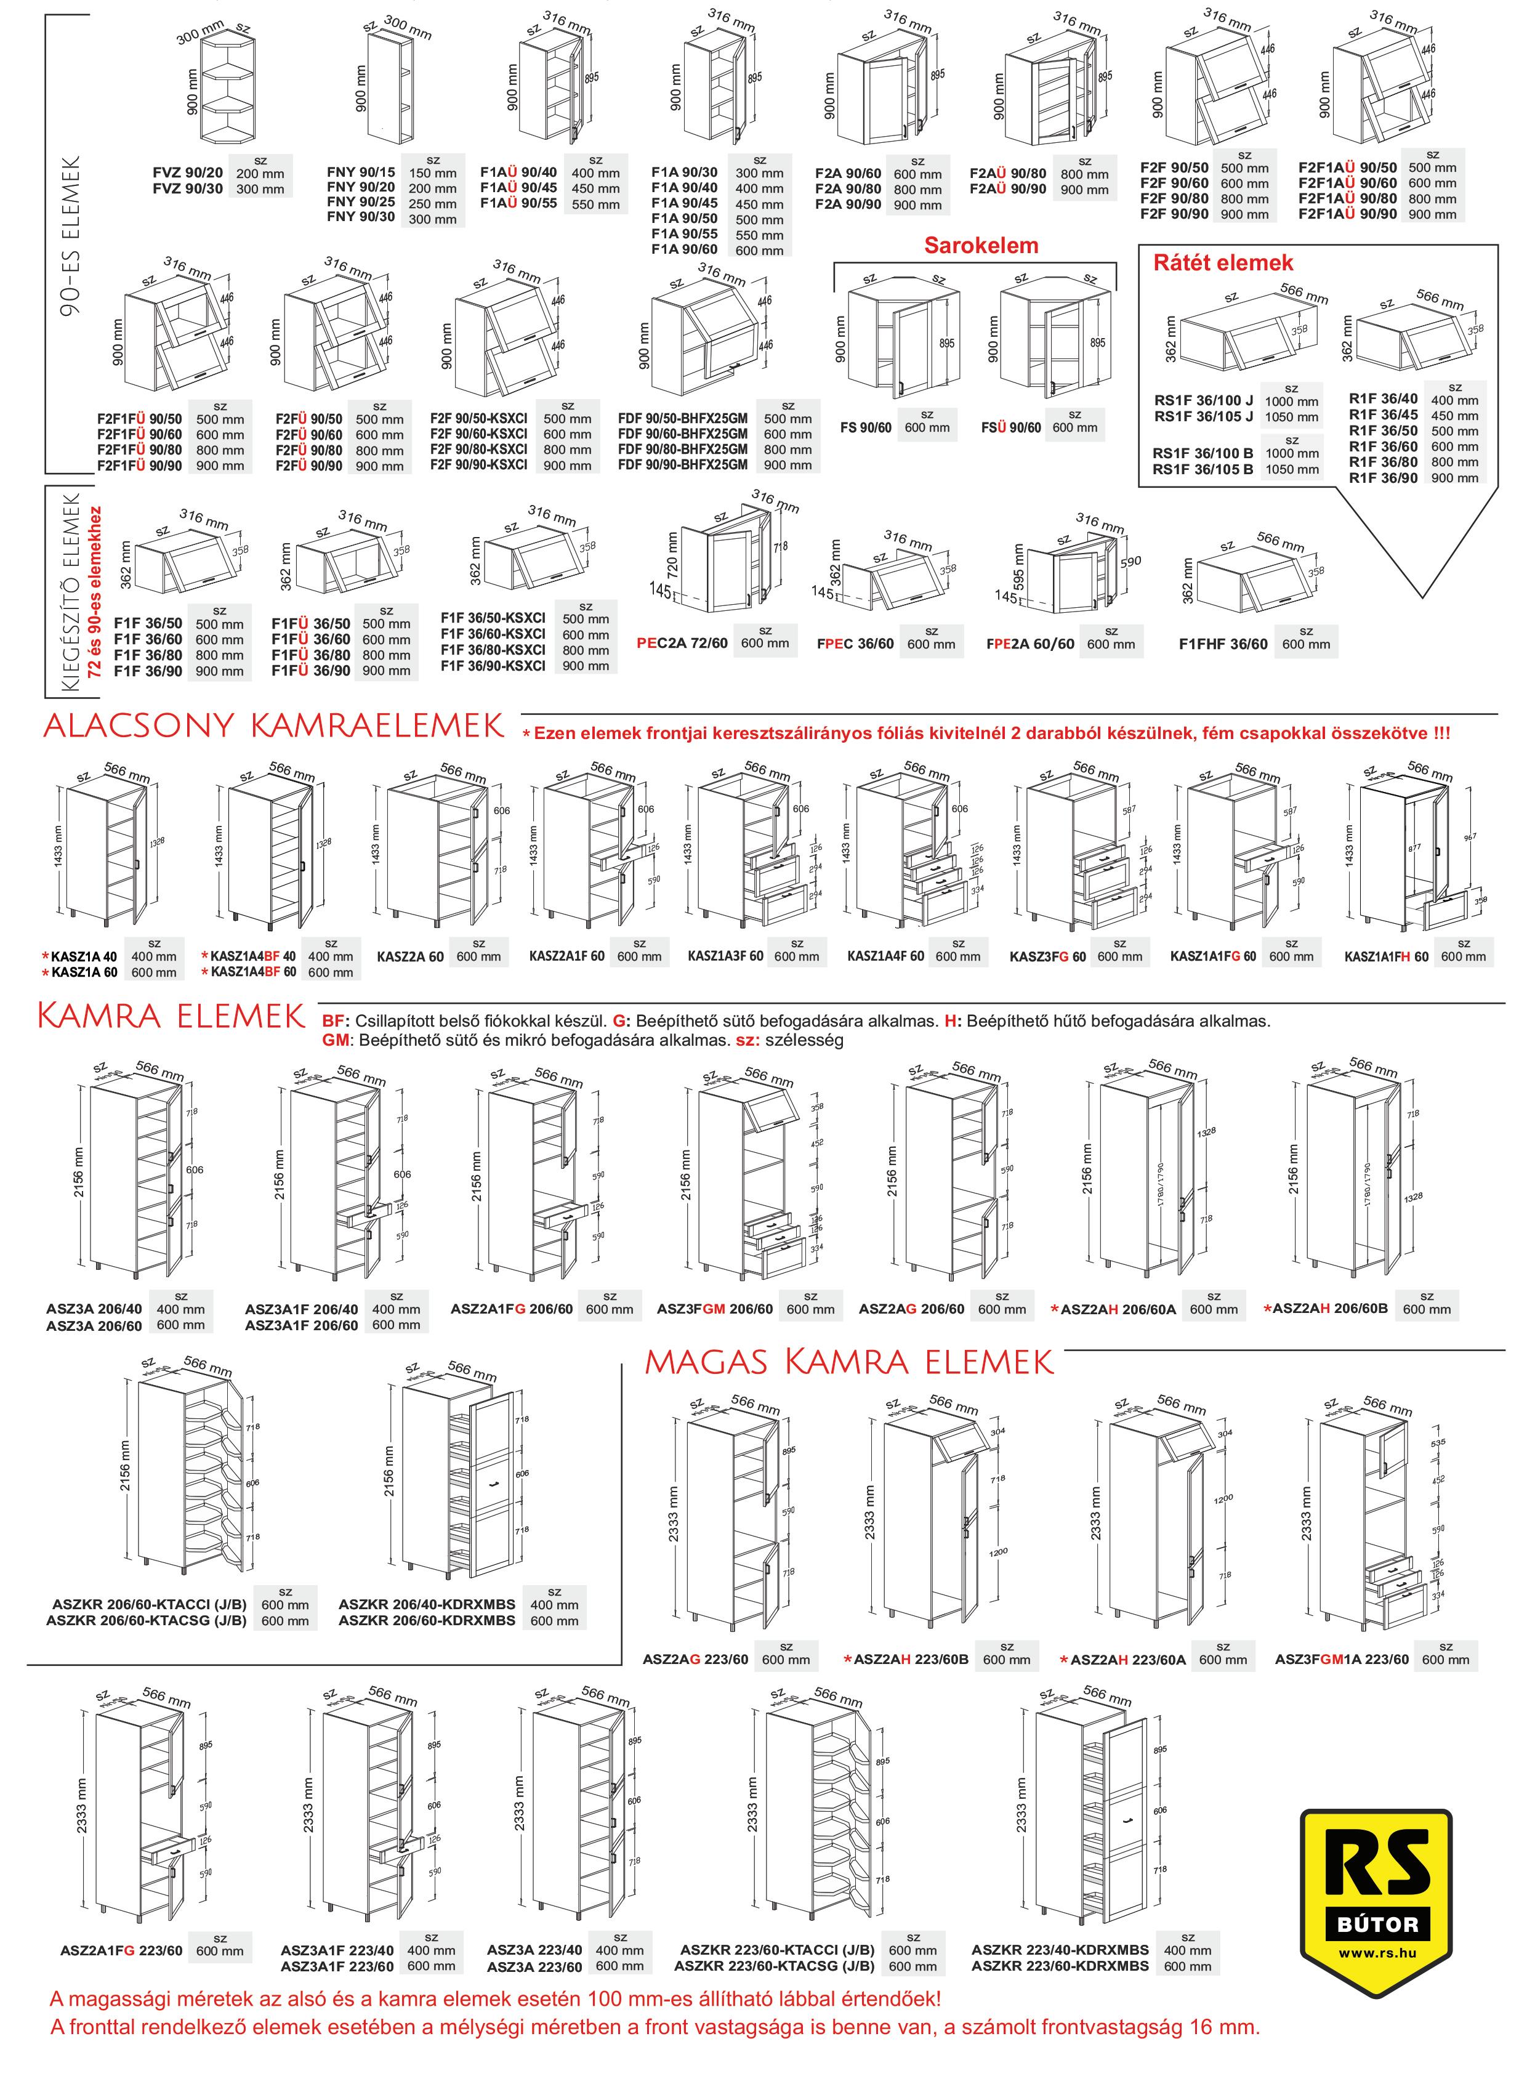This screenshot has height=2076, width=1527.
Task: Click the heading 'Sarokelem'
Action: coord(981,246)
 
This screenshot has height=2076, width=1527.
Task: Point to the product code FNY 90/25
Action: coord(360,203)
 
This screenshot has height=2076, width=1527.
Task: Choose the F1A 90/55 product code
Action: coord(684,235)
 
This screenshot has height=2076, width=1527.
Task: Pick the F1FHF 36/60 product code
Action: coord(1223,644)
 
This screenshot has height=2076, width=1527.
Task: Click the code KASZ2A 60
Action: coord(411,956)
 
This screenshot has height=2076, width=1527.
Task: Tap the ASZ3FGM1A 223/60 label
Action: coord(1341,1659)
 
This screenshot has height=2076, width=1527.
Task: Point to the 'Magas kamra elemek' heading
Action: coord(848,1362)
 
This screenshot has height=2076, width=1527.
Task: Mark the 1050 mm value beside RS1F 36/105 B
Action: coord(1292,469)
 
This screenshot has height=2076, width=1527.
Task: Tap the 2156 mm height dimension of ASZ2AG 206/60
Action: coord(892,1171)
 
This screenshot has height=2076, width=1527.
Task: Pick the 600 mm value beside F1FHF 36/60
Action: coord(1305,644)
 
